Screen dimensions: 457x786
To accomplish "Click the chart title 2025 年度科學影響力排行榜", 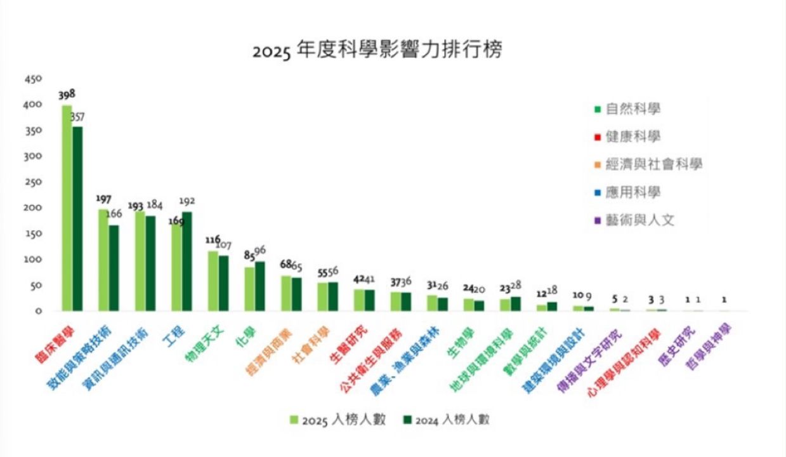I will [377, 50].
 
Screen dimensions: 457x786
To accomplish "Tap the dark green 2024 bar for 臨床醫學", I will [77, 219].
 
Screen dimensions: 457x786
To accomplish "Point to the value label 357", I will [77, 117].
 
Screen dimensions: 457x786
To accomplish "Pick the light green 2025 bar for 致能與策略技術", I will [103, 260].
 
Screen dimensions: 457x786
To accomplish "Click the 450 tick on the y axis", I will [33, 79].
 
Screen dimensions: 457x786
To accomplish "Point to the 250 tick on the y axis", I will [33, 182].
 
